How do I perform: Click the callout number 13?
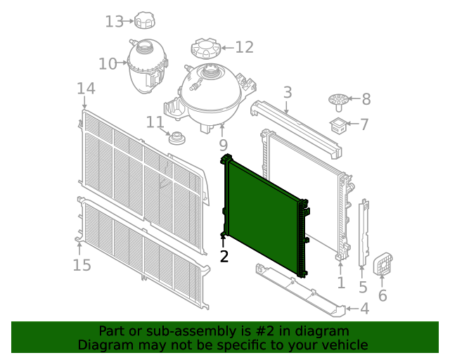point(114,22)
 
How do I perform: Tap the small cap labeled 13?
point(145,20)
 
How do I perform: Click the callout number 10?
point(108,64)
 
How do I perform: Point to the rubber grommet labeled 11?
point(176,138)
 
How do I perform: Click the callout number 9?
point(224,146)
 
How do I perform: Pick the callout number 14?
point(86,89)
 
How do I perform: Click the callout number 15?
point(82,265)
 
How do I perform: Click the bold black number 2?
point(224,257)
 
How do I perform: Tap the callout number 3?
point(288,92)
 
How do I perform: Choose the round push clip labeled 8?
point(339,102)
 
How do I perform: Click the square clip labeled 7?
point(339,125)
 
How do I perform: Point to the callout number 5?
point(363,287)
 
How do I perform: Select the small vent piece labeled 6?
point(382,264)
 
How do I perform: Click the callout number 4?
point(364,309)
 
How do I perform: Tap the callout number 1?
point(341,283)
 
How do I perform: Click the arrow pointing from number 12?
point(227,48)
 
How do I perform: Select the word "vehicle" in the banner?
point(348,345)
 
